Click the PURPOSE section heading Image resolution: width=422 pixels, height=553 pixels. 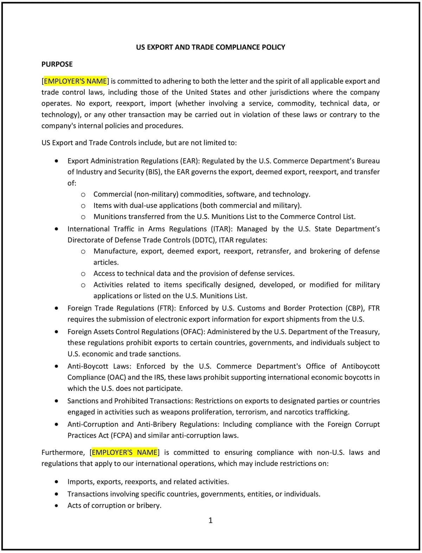coord(57,64)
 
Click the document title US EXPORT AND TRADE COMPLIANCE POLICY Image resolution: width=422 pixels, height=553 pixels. coord(210,47)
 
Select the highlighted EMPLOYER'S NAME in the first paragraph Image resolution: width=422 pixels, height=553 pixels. coord(75,81)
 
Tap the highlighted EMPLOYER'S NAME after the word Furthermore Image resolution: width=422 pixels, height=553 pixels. coord(124,453)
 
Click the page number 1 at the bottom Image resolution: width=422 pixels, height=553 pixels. coord(210,520)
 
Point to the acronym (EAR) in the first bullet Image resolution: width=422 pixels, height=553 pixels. coord(190,161)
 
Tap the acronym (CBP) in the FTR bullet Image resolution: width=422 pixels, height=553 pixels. coord(354,308)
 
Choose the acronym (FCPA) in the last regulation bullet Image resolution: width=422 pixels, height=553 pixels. coord(121,436)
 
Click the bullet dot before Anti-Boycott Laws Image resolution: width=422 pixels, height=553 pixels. coord(57,366)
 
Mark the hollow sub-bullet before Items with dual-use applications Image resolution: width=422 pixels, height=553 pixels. coord(83,206)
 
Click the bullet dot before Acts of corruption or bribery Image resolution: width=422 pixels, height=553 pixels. coord(57,506)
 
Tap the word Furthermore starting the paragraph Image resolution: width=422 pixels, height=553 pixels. coord(63,453)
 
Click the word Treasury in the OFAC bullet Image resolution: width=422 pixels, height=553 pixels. coord(366,332)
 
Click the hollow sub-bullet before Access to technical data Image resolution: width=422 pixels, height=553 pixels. coord(83,274)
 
